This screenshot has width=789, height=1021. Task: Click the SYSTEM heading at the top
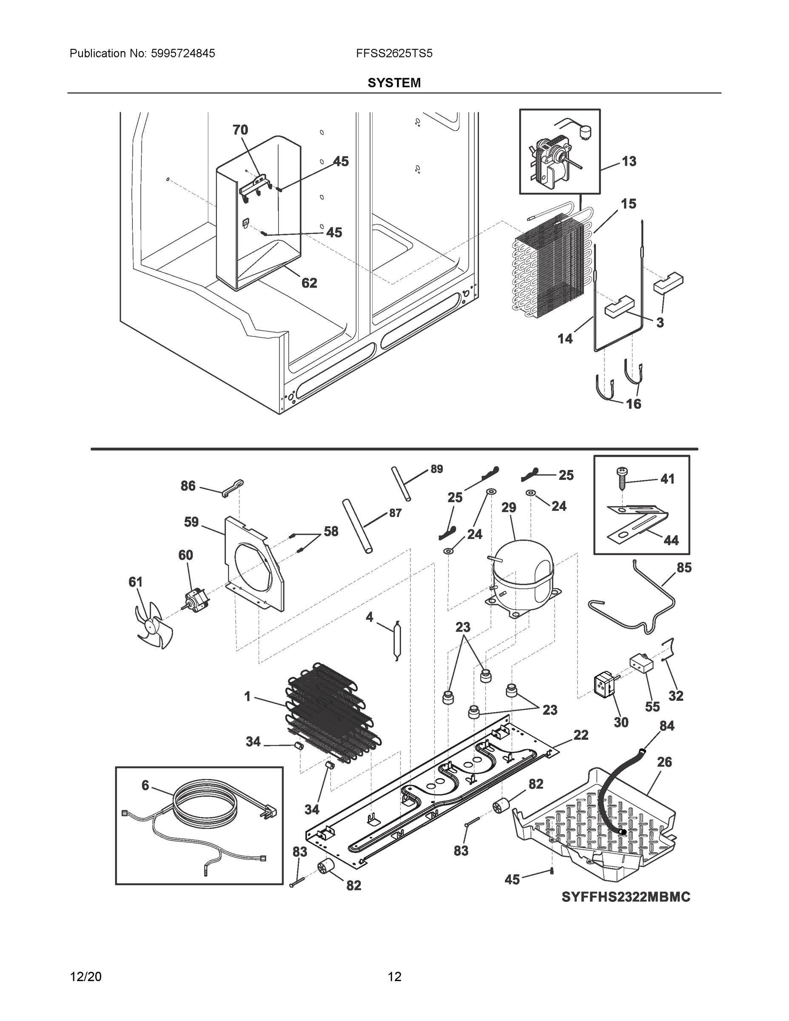(394, 83)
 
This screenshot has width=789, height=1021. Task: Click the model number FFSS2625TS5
(394, 53)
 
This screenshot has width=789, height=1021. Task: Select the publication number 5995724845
(182, 53)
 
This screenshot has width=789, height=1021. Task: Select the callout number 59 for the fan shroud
(191, 522)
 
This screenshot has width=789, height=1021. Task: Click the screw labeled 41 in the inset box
(622, 478)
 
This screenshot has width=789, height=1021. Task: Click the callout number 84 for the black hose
(667, 726)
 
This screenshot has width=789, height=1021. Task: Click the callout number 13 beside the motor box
(629, 161)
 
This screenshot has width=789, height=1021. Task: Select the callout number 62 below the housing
(309, 283)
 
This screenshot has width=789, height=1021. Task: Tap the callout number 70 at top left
(240, 130)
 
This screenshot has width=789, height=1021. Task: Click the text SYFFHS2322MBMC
(625, 897)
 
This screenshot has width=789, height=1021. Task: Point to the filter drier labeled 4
(397, 640)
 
